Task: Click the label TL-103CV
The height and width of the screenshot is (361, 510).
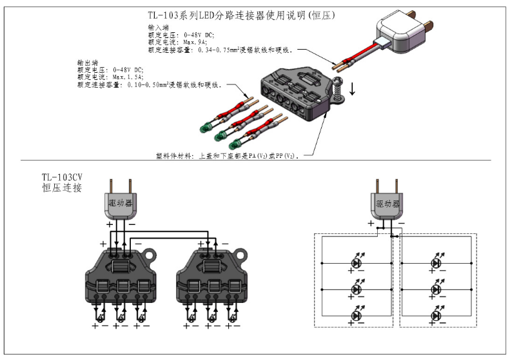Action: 64,177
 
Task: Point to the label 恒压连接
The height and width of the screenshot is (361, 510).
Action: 61,188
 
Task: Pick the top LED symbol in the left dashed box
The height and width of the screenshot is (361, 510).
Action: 355,263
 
